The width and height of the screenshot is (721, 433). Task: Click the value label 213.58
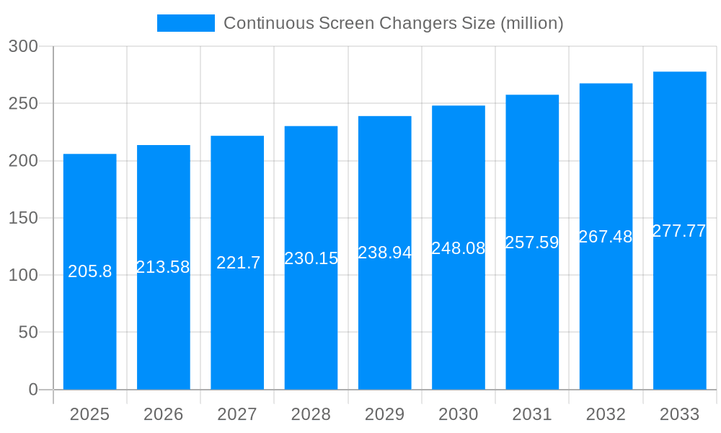pyautogui.click(x=163, y=267)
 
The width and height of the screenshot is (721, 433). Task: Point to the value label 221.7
pyautogui.click(x=238, y=263)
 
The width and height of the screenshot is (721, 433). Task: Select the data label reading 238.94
pyautogui.click(x=384, y=253)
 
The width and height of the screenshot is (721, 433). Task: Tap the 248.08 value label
pyautogui.click(x=458, y=248)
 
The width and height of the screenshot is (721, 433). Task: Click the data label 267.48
pyautogui.click(x=606, y=237)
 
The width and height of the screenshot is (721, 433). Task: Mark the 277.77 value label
pyautogui.click(x=679, y=231)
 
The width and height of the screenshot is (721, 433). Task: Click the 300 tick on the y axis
pyautogui.click(x=23, y=46)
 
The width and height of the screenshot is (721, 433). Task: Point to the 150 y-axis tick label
pyautogui.click(x=23, y=218)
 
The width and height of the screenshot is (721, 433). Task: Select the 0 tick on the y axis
pyautogui.click(x=33, y=390)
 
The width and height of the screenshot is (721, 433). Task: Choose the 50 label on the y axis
pyautogui.click(x=27, y=333)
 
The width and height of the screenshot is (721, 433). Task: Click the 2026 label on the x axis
pyautogui.click(x=163, y=414)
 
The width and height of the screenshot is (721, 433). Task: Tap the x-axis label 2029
pyautogui.click(x=384, y=414)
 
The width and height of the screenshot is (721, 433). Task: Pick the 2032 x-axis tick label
pyautogui.click(x=606, y=414)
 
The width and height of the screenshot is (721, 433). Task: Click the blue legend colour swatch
pyautogui.click(x=186, y=23)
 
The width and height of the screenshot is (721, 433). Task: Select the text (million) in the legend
pyautogui.click(x=531, y=23)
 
